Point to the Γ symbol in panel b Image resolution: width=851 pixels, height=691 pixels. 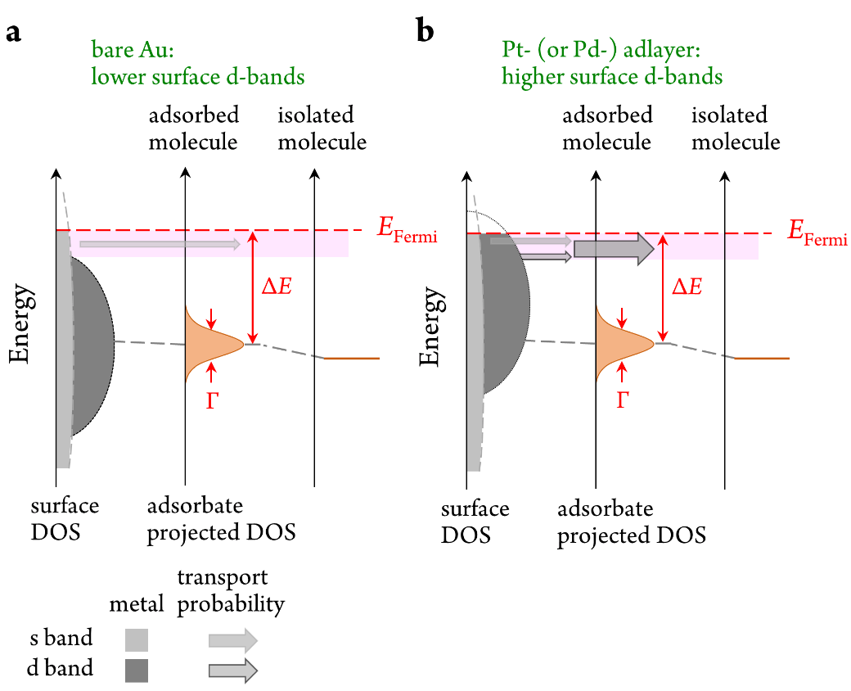(x=622, y=400)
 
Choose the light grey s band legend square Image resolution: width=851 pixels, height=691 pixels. (x=137, y=639)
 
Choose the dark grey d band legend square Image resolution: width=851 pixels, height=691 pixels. (x=137, y=671)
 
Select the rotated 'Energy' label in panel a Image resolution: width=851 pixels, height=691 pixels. (x=20, y=323)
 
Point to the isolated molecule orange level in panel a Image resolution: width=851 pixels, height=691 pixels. (x=352, y=359)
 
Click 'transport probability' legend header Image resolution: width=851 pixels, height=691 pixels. (x=230, y=591)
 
